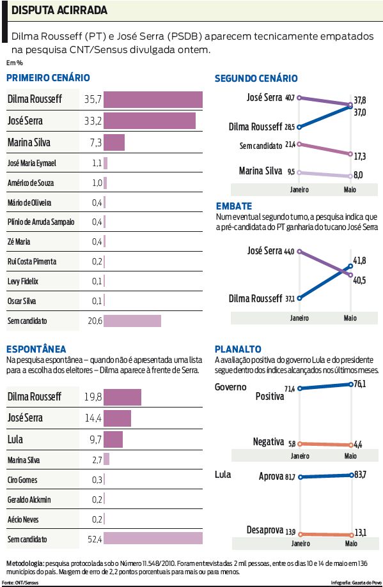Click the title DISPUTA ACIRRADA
pos(59,11)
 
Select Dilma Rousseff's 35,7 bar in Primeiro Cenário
pos(153,100)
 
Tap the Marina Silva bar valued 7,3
pos(114,142)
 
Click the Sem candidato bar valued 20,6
pos(132,321)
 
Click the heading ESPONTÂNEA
pos(36,349)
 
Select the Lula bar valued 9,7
pos(113,439)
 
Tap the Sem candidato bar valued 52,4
pos(153,539)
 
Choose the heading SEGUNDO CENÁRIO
pos(256,79)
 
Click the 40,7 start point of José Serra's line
pos(299,98)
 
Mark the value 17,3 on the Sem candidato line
pos(359,156)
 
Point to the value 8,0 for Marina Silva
pos(359,175)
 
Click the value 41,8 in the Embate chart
pos(359,261)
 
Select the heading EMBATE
pos(233,206)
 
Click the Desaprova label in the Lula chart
pos(264,530)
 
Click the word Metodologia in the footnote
pos(24,564)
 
